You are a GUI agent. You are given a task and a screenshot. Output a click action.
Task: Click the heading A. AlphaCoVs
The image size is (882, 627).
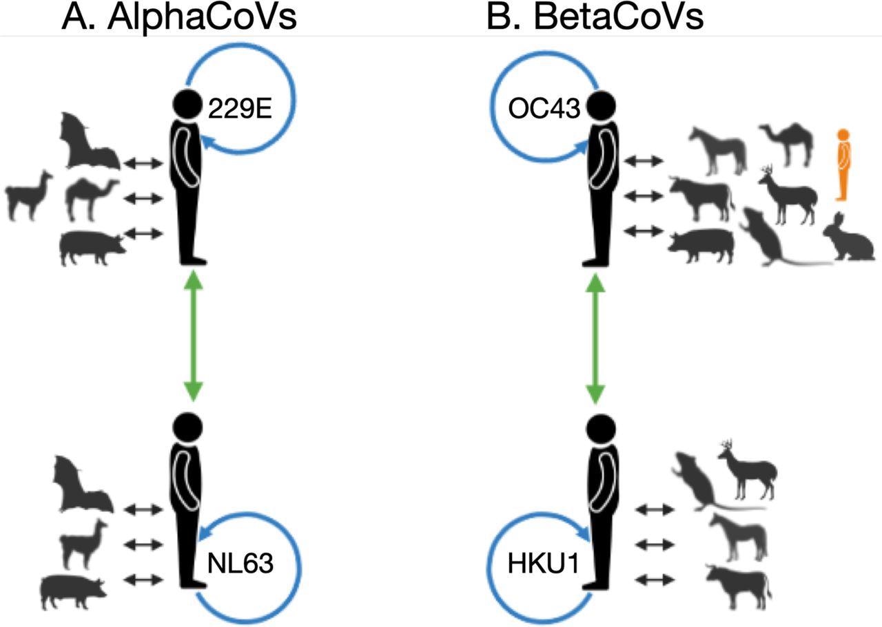tap(179, 17)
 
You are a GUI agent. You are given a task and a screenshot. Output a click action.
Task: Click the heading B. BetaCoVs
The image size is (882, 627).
tap(595, 17)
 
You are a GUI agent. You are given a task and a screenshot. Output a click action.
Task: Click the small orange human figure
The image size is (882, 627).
tap(841, 164)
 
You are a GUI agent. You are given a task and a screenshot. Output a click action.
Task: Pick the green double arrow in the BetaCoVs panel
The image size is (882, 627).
tap(595, 335)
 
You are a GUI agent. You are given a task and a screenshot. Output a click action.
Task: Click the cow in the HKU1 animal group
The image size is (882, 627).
tap(737, 582)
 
